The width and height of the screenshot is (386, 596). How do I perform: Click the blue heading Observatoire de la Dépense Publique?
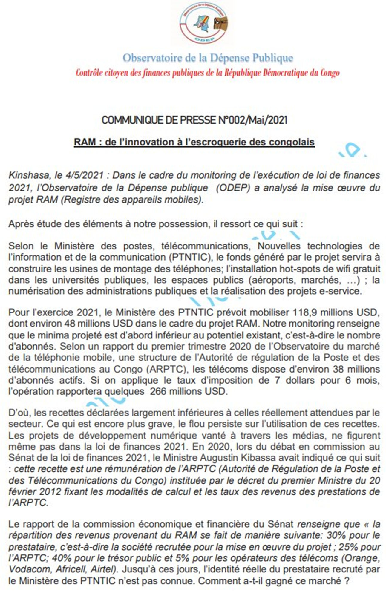208,58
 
